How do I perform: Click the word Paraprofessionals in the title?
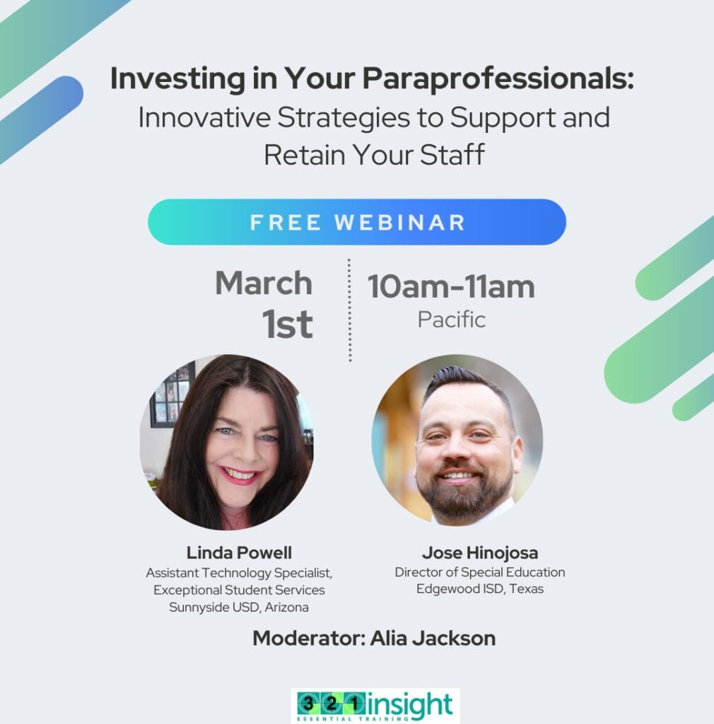498,79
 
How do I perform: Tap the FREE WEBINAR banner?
357,222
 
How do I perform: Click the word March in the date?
264,283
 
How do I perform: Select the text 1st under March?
288,324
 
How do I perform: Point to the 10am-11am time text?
451,287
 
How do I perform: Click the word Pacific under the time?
452,320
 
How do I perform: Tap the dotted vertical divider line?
349,310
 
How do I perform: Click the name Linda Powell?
239,553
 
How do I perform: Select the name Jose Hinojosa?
480,553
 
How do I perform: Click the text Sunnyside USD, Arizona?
239,607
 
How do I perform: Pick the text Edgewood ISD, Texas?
480,589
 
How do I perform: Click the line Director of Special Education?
480,572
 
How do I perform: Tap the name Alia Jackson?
433,638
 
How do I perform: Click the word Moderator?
309,638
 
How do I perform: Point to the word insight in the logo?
409,705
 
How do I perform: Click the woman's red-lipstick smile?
240,475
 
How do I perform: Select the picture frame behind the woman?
171,396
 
